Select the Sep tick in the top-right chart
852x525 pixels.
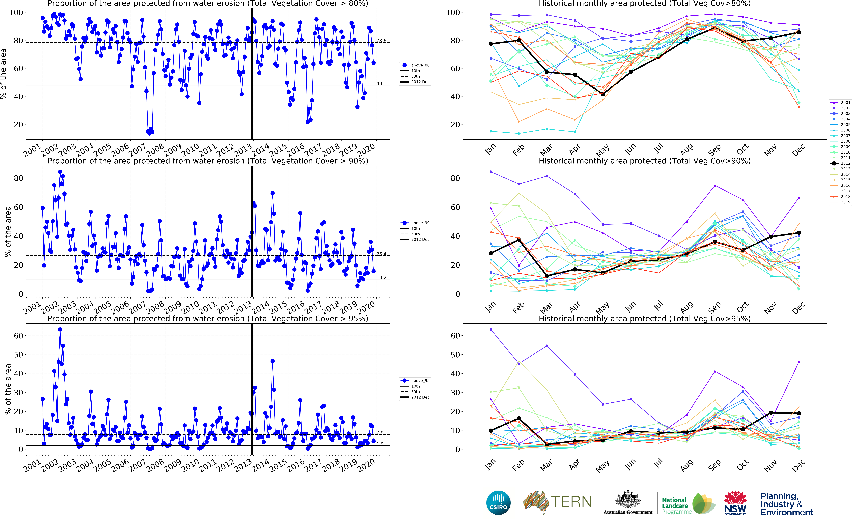point(714,150)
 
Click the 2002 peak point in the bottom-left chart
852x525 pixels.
point(60,330)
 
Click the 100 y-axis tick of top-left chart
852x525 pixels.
point(16,12)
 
